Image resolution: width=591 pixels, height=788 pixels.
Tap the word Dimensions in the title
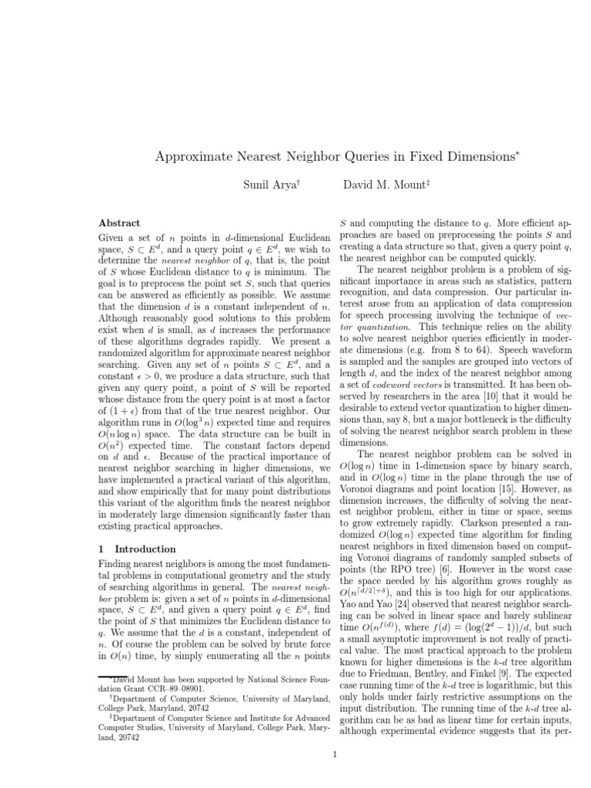click(x=476, y=157)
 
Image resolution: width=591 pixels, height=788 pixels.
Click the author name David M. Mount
click(x=380, y=185)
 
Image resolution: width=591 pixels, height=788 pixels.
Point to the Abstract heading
click(x=120, y=222)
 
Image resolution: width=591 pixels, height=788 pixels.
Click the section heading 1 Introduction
click(x=138, y=549)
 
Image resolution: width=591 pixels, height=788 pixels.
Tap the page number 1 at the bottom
click(x=336, y=754)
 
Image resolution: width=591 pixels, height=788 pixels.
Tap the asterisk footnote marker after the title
click(x=519, y=152)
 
